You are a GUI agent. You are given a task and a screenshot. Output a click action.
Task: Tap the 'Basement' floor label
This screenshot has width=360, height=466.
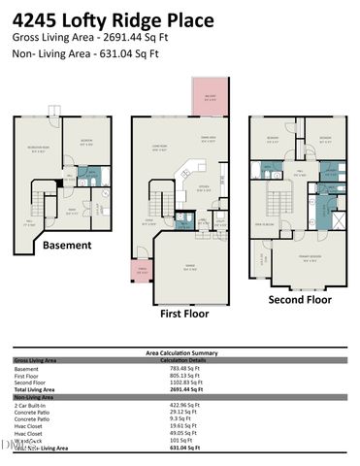point(66,246)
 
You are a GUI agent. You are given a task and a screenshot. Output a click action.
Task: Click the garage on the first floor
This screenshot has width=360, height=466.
point(189,271)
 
